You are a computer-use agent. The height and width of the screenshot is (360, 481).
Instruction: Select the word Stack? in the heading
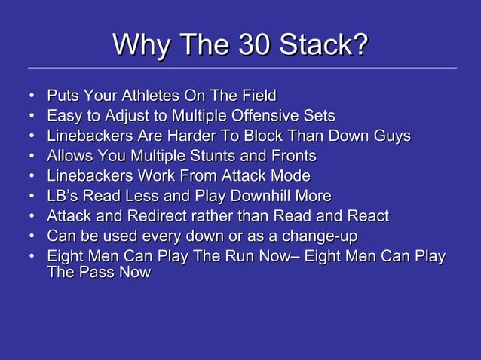324,44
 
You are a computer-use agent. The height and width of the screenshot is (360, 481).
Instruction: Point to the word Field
259,96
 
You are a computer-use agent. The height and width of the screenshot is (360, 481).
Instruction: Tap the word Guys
391,136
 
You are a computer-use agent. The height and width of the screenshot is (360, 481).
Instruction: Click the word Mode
291,176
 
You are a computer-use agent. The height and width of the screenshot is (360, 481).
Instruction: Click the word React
367,217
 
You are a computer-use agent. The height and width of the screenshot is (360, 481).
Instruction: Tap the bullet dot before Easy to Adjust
32,117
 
